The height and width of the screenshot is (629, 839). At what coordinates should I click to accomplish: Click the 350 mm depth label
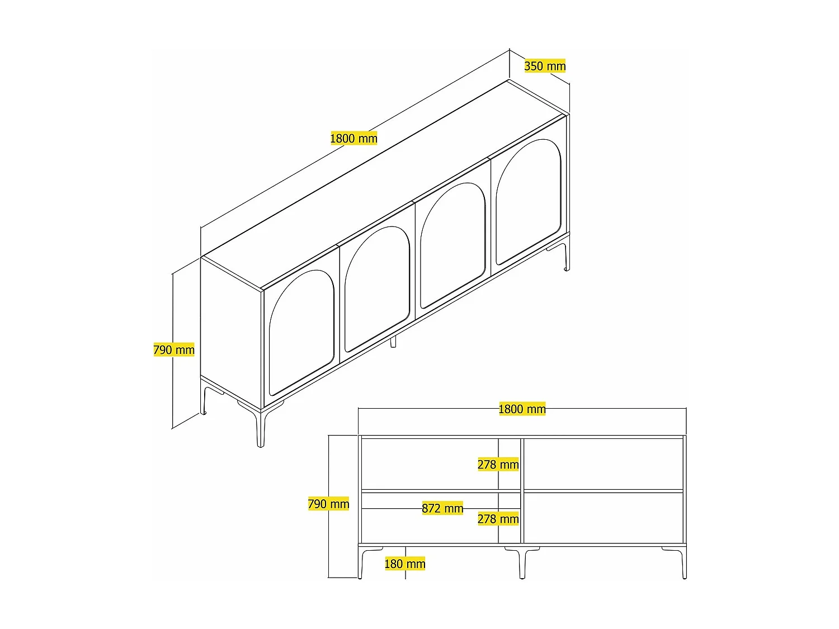click(x=545, y=66)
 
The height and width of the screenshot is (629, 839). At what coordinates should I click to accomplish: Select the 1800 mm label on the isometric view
click(x=353, y=138)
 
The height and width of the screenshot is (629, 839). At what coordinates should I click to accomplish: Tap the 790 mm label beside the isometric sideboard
click(x=174, y=350)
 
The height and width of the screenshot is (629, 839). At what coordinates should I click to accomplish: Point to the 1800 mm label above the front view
click(x=522, y=409)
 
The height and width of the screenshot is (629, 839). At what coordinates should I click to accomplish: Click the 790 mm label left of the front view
click(x=328, y=504)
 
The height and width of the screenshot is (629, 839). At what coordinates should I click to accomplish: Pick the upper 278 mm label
click(x=498, y=465)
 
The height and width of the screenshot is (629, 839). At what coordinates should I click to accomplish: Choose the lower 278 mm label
click(x=498, y=519)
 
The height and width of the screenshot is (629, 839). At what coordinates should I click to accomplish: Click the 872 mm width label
click(x=442, y=508)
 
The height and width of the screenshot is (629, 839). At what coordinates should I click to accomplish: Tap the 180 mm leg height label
click(x=405, y=564)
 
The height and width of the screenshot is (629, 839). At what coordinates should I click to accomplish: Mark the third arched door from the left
click(x=453, y=244)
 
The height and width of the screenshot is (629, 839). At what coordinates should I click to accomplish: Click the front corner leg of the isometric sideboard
click(x=260, y=428)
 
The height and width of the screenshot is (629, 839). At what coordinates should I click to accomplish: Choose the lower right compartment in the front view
click(x=603, y=517)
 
